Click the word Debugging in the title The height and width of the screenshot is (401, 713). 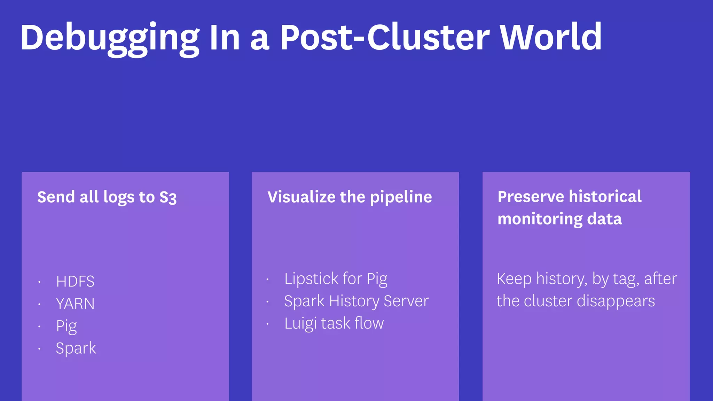(x=110, y=38)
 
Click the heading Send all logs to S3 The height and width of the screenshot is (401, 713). (x=107, y=197)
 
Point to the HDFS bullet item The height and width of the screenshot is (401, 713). (x=75, y=281)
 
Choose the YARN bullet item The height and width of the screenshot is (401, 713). (x=75, y=304)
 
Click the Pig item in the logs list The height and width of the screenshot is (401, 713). (x=66, y=327)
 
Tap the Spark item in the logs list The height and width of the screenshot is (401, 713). (x=76, y=348)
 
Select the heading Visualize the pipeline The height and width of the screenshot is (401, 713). (x=350, y=197)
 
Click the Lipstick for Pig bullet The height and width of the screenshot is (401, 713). (x=336, y=279)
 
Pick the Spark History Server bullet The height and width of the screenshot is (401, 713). (x=356, y=301)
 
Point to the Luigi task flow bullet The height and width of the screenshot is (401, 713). (x=334, y=323)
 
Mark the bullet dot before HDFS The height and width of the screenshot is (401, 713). (x=39, y=282)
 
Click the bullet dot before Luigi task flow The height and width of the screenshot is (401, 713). (x=267, y=324)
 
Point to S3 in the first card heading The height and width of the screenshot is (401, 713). (x=168, y=197)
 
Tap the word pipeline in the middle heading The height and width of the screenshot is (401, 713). (x=401, y=197)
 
